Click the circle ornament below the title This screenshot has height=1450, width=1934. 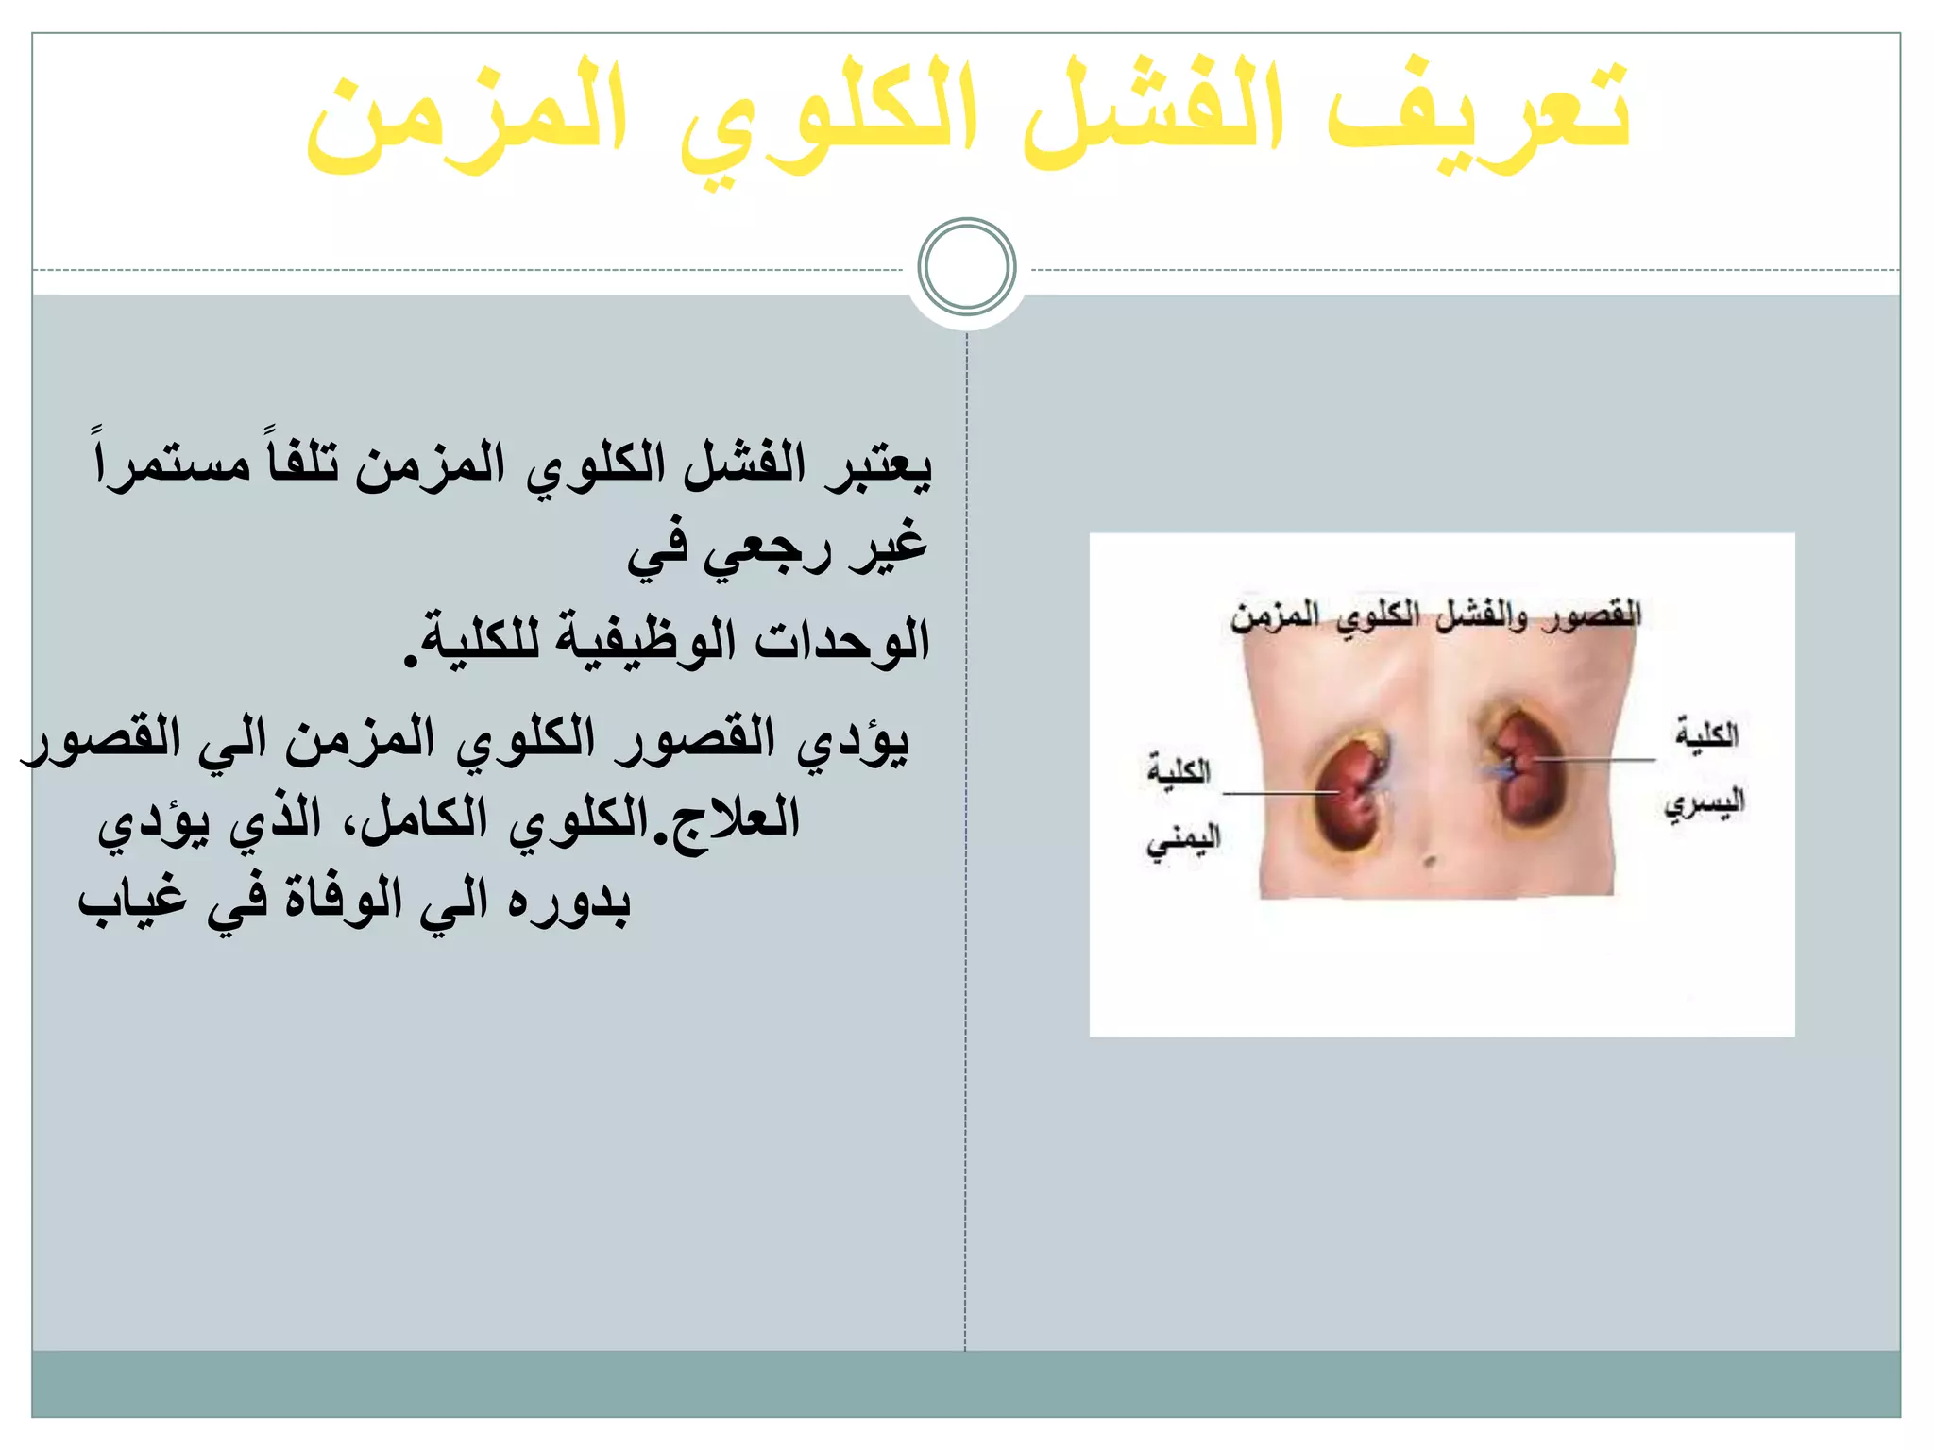[x=966, y=266]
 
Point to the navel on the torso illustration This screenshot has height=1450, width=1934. [x=1431, y=861]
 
